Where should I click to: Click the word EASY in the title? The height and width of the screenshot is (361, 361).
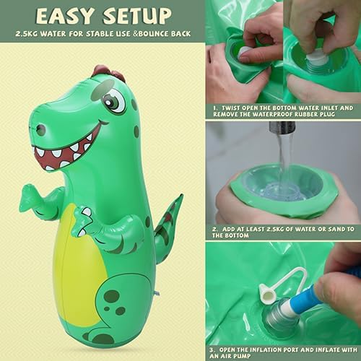69,16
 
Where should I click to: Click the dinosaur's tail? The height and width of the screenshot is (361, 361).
168,220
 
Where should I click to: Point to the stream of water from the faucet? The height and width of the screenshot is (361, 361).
284,159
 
